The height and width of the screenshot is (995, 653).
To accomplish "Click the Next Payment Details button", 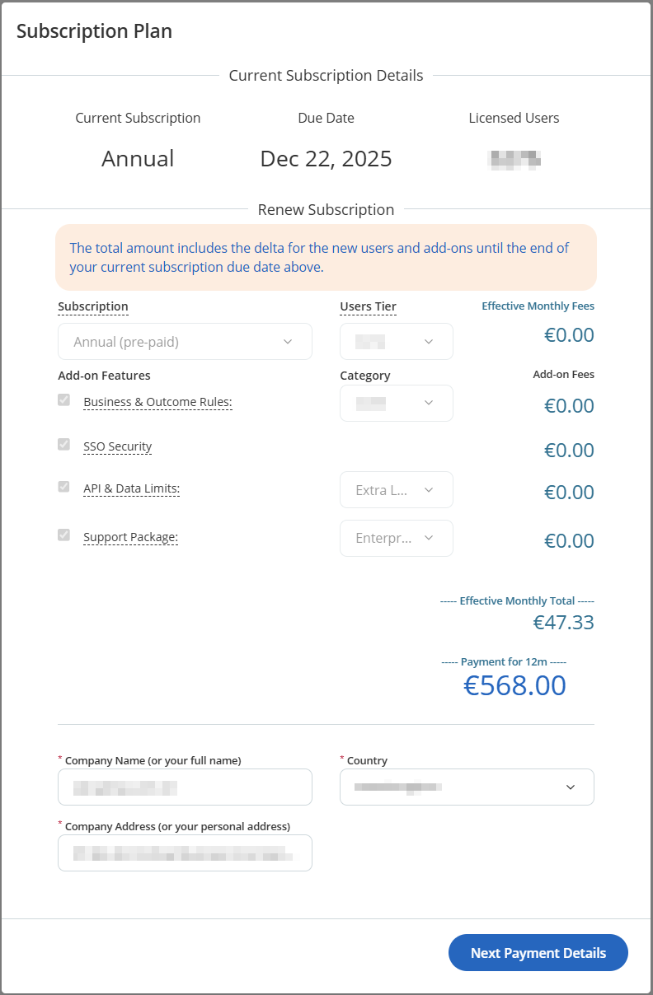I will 538,953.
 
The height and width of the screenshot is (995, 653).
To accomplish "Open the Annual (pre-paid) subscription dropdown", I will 185,342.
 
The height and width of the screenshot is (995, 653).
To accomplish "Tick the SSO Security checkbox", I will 63,444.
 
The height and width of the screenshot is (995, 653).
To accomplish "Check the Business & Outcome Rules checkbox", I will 63,399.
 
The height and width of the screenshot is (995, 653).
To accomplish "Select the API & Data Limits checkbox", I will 63,487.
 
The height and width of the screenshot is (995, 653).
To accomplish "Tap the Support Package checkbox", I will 63,535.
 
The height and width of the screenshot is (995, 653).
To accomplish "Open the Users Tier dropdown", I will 396,342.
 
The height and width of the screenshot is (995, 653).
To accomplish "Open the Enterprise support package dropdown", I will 396,538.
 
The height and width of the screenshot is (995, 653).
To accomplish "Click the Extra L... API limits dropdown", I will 396,490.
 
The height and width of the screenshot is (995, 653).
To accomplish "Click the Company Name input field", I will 185,787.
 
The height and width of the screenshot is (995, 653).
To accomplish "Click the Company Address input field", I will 185,853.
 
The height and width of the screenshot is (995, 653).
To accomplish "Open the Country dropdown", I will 467,787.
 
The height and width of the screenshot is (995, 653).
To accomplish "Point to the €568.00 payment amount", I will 514,685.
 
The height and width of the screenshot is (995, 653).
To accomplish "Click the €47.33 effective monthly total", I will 563,622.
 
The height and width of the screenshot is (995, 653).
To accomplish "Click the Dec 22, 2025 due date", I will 326,158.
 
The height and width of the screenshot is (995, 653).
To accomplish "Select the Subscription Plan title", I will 94,31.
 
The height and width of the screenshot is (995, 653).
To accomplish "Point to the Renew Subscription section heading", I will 326,209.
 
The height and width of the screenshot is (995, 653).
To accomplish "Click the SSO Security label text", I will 118,446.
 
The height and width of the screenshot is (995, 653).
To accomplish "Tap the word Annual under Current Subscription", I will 138,158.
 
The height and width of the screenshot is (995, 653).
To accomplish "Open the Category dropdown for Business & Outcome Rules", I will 396,403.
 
